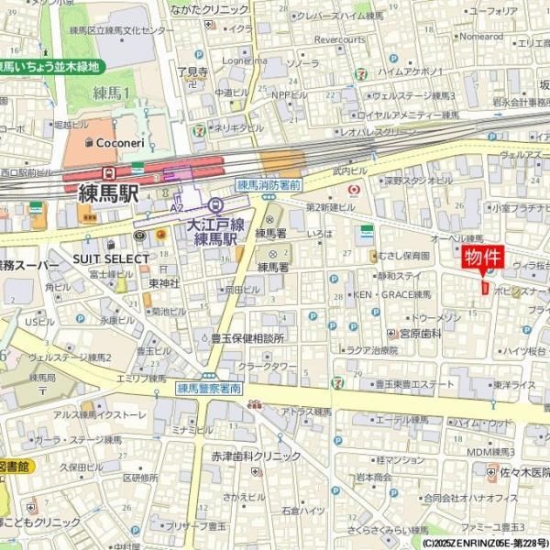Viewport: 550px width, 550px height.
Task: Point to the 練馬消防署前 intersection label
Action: pos(269,184)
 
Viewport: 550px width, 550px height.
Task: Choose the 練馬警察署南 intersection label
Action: pos(209,389)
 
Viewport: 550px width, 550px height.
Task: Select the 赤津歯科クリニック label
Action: pos(256,456)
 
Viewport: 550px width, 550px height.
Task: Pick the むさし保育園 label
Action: pos(403,256)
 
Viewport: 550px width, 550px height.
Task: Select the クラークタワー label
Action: pos(268,367)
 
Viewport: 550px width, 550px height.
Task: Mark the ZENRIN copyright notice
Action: pos(486,543)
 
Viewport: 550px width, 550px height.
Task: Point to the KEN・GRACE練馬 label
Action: pos(392,295)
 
